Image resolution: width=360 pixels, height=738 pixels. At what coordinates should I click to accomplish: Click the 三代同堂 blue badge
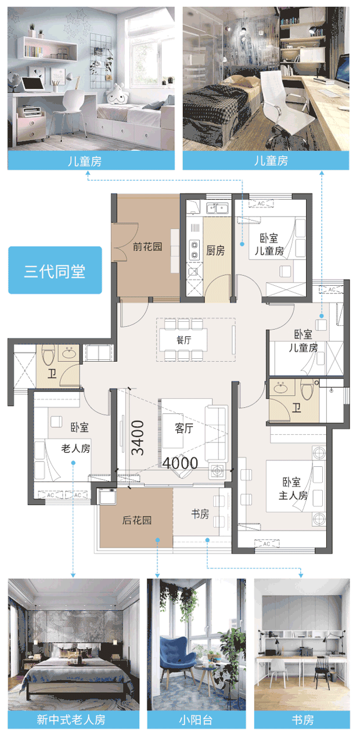[x=55, y=270]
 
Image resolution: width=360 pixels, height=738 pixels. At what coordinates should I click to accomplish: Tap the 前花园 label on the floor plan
[x=147, y=246]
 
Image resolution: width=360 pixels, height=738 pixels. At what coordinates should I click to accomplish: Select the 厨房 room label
[x=215, y=250]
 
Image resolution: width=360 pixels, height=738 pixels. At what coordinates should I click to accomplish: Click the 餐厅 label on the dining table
[x=183, y=340]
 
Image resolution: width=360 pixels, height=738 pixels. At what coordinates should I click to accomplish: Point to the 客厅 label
[x=184, y=428]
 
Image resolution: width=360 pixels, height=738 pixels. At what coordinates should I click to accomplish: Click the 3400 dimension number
[x=138, y=438]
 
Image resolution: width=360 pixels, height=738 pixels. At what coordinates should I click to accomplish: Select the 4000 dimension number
[x=180, y=463]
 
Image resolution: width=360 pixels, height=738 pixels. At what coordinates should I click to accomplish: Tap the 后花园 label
[x=136, y=520]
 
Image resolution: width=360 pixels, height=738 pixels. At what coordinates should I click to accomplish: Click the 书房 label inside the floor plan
[x=200, y=514]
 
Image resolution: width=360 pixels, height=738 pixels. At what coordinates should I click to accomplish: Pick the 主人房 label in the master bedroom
[x=293, y=495]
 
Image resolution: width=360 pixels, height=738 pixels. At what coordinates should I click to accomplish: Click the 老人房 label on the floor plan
[x=75, y=448]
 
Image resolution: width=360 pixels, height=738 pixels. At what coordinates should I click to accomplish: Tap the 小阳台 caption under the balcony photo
[x=196, y=719]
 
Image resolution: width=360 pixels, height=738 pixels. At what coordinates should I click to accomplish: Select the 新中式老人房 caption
[x=71, y=719]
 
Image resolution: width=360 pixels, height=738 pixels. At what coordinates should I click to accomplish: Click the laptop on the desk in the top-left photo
[x=33, y=84]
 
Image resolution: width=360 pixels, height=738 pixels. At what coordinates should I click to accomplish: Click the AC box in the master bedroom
[x=267, y=543]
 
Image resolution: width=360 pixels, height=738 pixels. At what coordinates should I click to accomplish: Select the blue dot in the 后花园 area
[x=157, y=540]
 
